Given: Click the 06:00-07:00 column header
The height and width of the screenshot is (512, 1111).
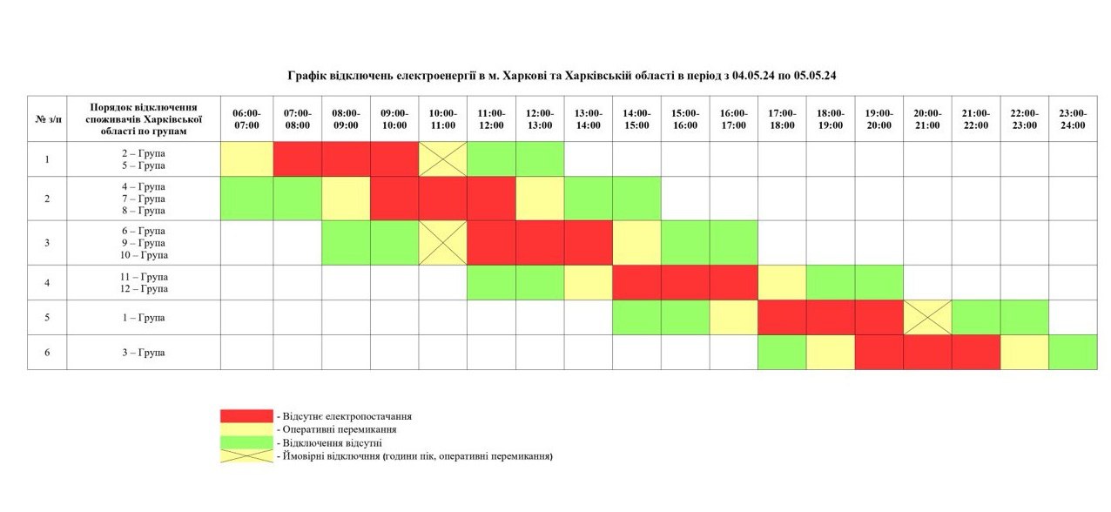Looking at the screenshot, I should (x=246, y=119).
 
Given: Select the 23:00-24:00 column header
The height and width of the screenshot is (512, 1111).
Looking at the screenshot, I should (x=1072, y=119).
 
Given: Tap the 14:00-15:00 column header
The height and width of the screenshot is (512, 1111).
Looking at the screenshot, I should (x=636, y=119).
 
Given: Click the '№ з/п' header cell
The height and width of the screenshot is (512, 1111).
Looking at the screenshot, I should (x=47, y=119).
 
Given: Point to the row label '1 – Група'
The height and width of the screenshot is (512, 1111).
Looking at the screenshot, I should (x=144, y=318).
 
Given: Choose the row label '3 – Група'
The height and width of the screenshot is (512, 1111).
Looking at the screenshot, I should (x=144, y=353).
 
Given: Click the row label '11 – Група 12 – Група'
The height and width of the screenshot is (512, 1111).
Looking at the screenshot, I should (x=144, y=282).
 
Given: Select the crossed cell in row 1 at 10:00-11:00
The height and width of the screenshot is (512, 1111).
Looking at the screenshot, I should (x=442, y=159).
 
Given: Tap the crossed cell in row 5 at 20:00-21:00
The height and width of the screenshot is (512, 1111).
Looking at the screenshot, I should (x=927, y=318).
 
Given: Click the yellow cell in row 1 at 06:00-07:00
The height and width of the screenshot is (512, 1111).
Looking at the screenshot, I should (x=246, y=159).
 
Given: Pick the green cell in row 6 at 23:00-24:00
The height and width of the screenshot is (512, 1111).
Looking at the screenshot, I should (x=1072, y=353).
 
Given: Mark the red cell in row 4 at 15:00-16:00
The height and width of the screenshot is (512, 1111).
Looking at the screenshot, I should (x=685, y=282).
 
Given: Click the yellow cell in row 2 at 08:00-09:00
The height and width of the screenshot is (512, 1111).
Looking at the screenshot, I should (x=346, y=199).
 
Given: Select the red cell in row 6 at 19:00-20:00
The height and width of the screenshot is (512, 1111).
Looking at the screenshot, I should (x=879, y=353).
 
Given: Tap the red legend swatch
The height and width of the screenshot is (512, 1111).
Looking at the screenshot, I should (x=246, y=416).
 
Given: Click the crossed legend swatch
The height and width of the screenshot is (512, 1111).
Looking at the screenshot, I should (x=246, y=455).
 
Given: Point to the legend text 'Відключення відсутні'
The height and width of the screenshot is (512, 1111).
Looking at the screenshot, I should (x=329, y=442).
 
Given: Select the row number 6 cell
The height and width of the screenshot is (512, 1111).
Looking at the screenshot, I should (x=47, y=353).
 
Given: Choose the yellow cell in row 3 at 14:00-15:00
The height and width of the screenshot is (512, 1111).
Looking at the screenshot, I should (x=636, y=243).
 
